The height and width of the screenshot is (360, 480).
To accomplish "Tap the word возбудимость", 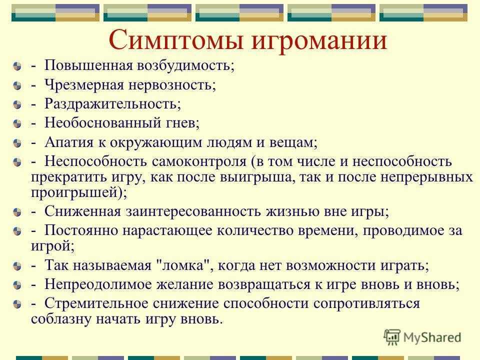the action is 185,65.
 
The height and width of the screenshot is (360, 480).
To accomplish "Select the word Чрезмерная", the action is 84,85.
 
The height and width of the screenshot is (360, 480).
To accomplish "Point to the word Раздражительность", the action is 112,104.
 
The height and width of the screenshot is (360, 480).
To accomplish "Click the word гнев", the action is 183,123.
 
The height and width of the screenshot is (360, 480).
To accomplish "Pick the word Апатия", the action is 69,142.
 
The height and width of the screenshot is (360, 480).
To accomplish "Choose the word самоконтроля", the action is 199,162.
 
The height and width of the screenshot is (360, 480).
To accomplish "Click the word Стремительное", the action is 96,303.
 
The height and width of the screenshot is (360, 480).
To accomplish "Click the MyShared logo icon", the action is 392,337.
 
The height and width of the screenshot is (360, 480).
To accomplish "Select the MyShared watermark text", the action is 432,337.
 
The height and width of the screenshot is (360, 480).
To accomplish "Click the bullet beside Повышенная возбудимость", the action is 17,66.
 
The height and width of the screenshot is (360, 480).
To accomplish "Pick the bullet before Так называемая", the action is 17,266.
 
